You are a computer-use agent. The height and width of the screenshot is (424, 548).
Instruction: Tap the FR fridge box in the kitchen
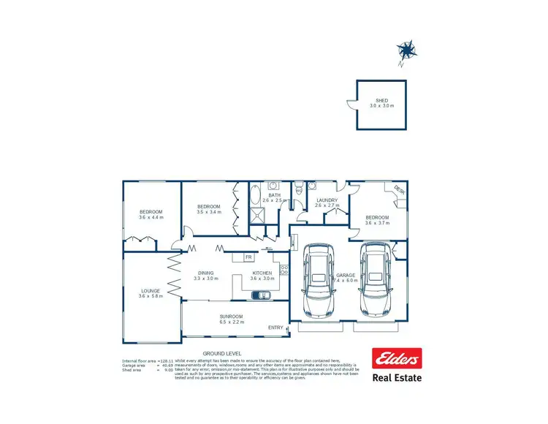point(248,257)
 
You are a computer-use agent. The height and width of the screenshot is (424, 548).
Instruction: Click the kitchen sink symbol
point(259,295)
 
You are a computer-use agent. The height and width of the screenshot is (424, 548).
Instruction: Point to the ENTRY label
point(276,327)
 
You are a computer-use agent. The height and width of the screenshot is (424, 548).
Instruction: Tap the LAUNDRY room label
point(326,200)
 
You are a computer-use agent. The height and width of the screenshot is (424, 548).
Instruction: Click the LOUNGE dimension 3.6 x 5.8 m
point(151,296)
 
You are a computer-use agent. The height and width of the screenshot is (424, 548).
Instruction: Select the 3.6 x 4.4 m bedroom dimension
point(151,217)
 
